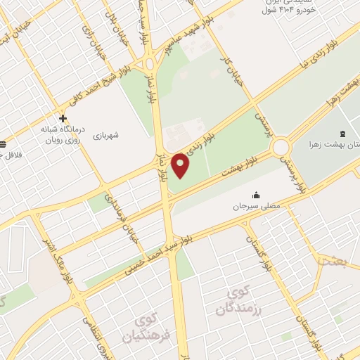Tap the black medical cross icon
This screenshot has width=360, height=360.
click(63, 117)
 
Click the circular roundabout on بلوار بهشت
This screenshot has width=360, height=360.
click(282, 148)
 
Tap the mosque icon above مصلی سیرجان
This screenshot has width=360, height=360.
click(255, 195)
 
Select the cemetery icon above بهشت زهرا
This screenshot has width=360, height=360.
click(342, 134)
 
